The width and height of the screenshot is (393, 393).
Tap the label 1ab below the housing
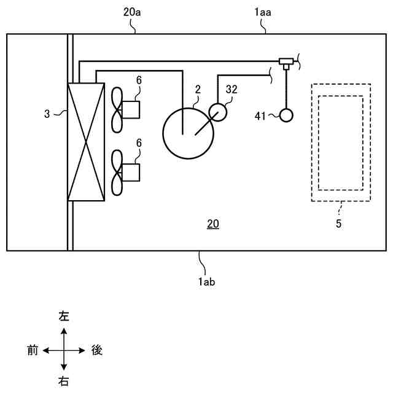[x=206, y=282]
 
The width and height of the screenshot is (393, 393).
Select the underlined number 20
[x=212, y=225]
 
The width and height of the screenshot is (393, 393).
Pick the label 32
[x=231, y=89]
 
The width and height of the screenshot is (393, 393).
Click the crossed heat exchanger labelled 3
[x=87, y=141]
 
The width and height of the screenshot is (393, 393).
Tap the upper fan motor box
[x=130, y=109]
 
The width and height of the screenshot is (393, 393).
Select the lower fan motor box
[x=130, y=173]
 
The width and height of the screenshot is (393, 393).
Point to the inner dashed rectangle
[x=340, y=143]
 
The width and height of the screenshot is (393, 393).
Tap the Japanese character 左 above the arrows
[x=63, y=317]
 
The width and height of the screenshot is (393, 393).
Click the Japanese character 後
[x=96, y=351]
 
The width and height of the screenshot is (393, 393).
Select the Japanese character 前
[x=33, y=351]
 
